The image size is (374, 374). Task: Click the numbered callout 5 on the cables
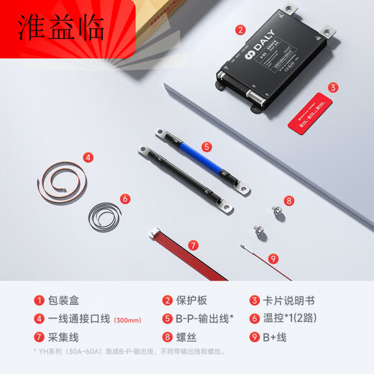pos(206,147)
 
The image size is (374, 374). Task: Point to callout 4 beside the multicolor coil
pos(88,156)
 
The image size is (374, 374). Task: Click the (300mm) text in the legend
pos(132,319)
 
